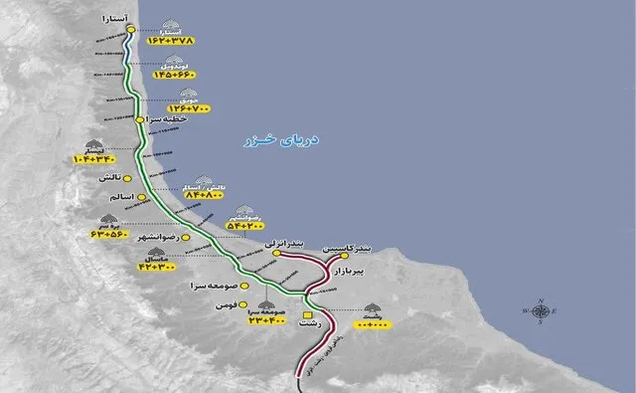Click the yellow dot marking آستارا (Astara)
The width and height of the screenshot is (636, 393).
click(x=130, y=29)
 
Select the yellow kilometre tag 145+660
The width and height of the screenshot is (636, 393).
click(x=178, y=75)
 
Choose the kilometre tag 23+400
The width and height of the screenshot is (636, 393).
click(x=267, y=318)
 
